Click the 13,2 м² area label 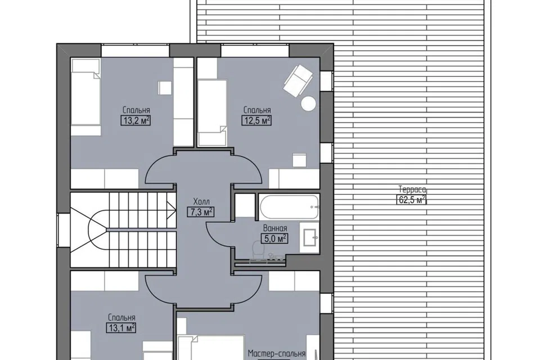pos(136,120)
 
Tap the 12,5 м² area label pos(256,120)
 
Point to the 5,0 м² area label pos(274,238)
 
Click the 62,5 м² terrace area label pos(412,200)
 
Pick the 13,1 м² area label pos(121,327)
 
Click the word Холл pos(201,201)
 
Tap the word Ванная pos(275,228)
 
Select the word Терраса pos(412,189)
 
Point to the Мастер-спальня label pos(277,354)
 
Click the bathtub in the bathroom pos(289,206)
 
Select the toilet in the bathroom pos(258,249)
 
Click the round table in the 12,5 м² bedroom pos(308,103)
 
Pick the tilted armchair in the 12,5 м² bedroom pos(298,80)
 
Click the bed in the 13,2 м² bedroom pos(85,97)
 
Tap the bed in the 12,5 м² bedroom pos(213,113)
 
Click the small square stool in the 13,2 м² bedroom pos(165,88)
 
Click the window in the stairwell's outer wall pos(64,230)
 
